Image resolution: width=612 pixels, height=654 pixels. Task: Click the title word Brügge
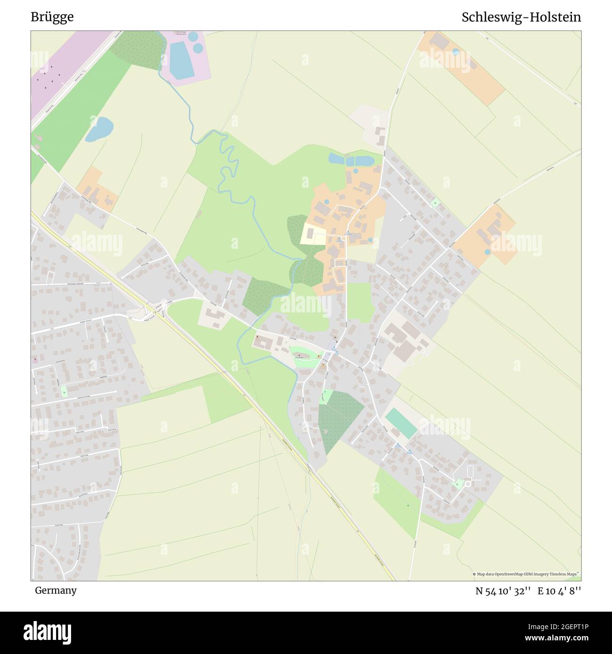pos(52,17)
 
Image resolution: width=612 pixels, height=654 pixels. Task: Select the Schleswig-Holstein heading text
pos(521,17)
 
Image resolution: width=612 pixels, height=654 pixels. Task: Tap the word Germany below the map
pos(56,590)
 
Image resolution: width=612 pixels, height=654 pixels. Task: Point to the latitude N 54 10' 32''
pos(503,590)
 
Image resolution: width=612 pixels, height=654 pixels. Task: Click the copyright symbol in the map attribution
pos(475,574)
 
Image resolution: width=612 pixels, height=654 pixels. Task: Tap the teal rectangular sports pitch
pos(401,423)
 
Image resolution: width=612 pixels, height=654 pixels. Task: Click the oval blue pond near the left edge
pos(99,129)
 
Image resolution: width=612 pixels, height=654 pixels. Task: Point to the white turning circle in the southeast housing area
pos(468,483)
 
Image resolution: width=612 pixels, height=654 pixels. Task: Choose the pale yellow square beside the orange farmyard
pos(313,234)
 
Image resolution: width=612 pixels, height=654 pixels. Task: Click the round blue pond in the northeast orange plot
pos(455,52)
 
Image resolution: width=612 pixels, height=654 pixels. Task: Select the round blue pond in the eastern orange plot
pos(487,252)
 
